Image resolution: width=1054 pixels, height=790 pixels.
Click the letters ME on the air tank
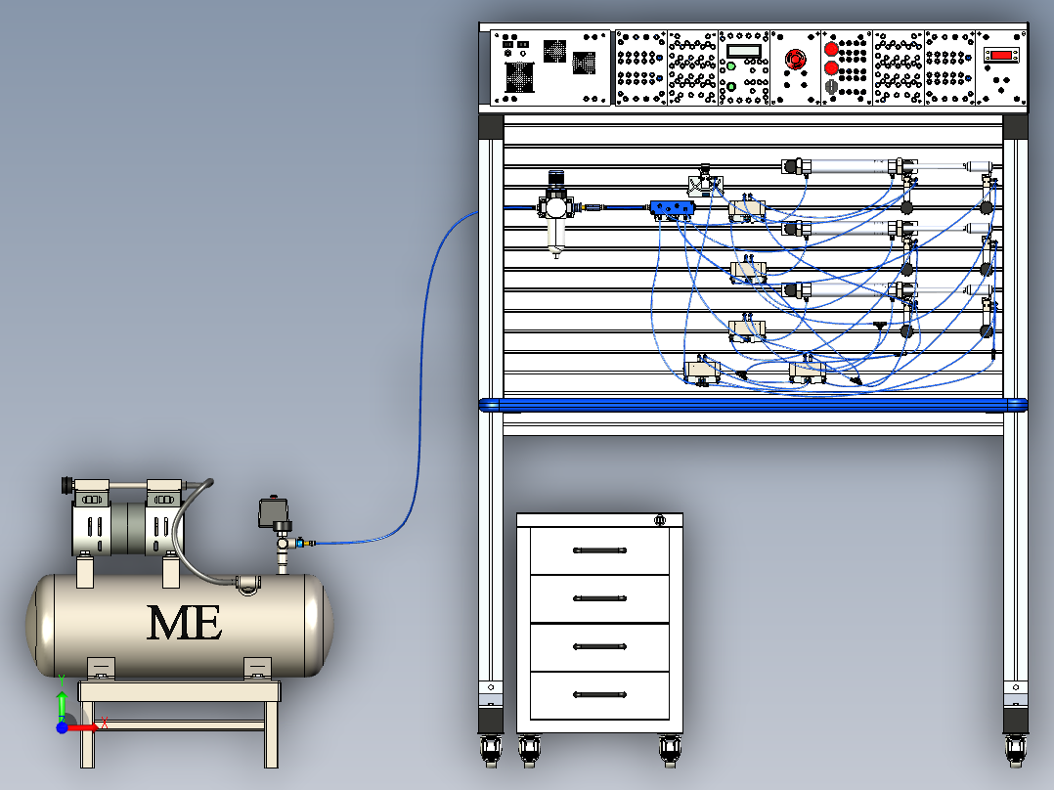184,622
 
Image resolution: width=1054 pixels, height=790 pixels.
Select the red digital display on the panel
1000,56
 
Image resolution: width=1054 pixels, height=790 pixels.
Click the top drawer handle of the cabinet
599,550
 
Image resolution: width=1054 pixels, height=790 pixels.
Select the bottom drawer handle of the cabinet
599,695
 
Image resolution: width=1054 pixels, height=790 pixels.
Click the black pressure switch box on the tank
268,512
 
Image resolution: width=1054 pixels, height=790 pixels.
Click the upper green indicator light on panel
730,67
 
